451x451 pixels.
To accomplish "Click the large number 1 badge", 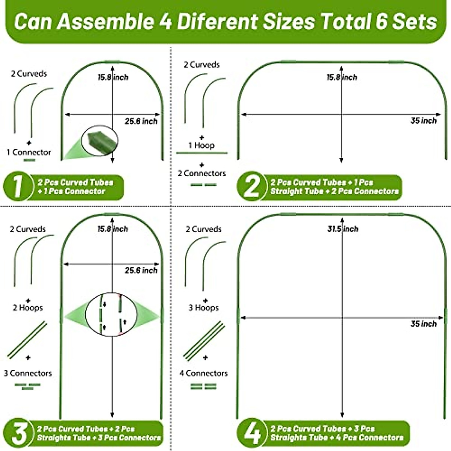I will pyautogui.click(x=17, y=187).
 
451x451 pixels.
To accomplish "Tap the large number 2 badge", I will pyautogui.click(x=251, y=187).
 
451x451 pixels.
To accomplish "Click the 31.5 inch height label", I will pyautogui.click(x=343, y=229).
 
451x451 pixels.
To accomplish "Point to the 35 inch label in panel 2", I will pyautogui.click(x=424, y=121).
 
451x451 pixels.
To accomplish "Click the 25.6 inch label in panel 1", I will pyautogui.click(x=141, y=121).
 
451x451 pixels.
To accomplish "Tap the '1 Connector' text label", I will pyautogui.click(x=29, y=152).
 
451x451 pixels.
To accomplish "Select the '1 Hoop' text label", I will pyautogui.click(x=201, y=145).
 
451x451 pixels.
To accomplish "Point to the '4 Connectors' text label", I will pyautogui.click(x=203, y=373).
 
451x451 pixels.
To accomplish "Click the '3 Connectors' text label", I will pyautogui.click(x=28, y=373).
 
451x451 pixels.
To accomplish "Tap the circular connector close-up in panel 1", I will pyautogui.click(x=100, y=141).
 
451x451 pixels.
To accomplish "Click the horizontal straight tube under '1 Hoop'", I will pyautogui.click(x=202, y=153).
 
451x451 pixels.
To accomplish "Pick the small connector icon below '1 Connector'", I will pyautogui.click(x=29, y=160).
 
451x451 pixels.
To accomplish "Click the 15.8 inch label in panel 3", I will pyautogui.click(x=113, y=229).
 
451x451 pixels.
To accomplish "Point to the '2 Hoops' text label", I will pyautogui.click(x=28, y=308).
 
